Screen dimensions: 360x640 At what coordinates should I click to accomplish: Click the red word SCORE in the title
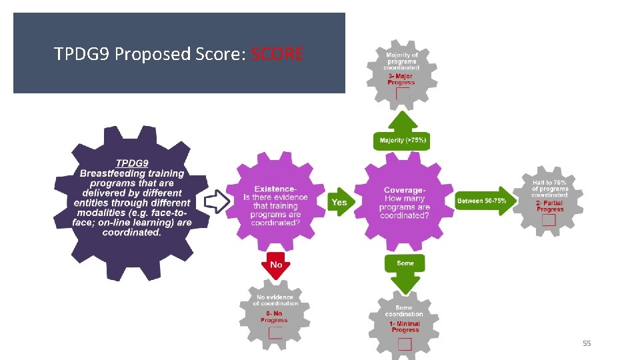277,54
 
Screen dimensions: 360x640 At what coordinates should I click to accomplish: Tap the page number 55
587,343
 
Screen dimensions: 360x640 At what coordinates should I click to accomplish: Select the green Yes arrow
340,201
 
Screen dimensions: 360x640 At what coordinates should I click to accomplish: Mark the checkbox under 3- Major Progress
403,94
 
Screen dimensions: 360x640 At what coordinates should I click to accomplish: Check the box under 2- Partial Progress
549,220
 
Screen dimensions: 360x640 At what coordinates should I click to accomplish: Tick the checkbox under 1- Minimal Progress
405,344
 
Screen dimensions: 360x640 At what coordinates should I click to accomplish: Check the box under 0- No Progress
275,333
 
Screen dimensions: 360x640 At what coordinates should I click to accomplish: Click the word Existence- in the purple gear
276,189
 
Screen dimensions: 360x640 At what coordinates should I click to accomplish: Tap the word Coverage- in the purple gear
405,191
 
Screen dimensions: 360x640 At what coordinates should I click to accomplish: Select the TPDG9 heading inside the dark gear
132,163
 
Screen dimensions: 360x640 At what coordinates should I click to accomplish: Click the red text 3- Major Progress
401,79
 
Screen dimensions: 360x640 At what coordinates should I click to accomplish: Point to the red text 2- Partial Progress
549,206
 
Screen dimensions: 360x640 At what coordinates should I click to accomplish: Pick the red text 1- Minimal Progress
405,327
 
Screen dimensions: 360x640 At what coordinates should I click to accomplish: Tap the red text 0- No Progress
274,317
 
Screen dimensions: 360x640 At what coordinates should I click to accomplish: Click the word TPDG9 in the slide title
83,54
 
